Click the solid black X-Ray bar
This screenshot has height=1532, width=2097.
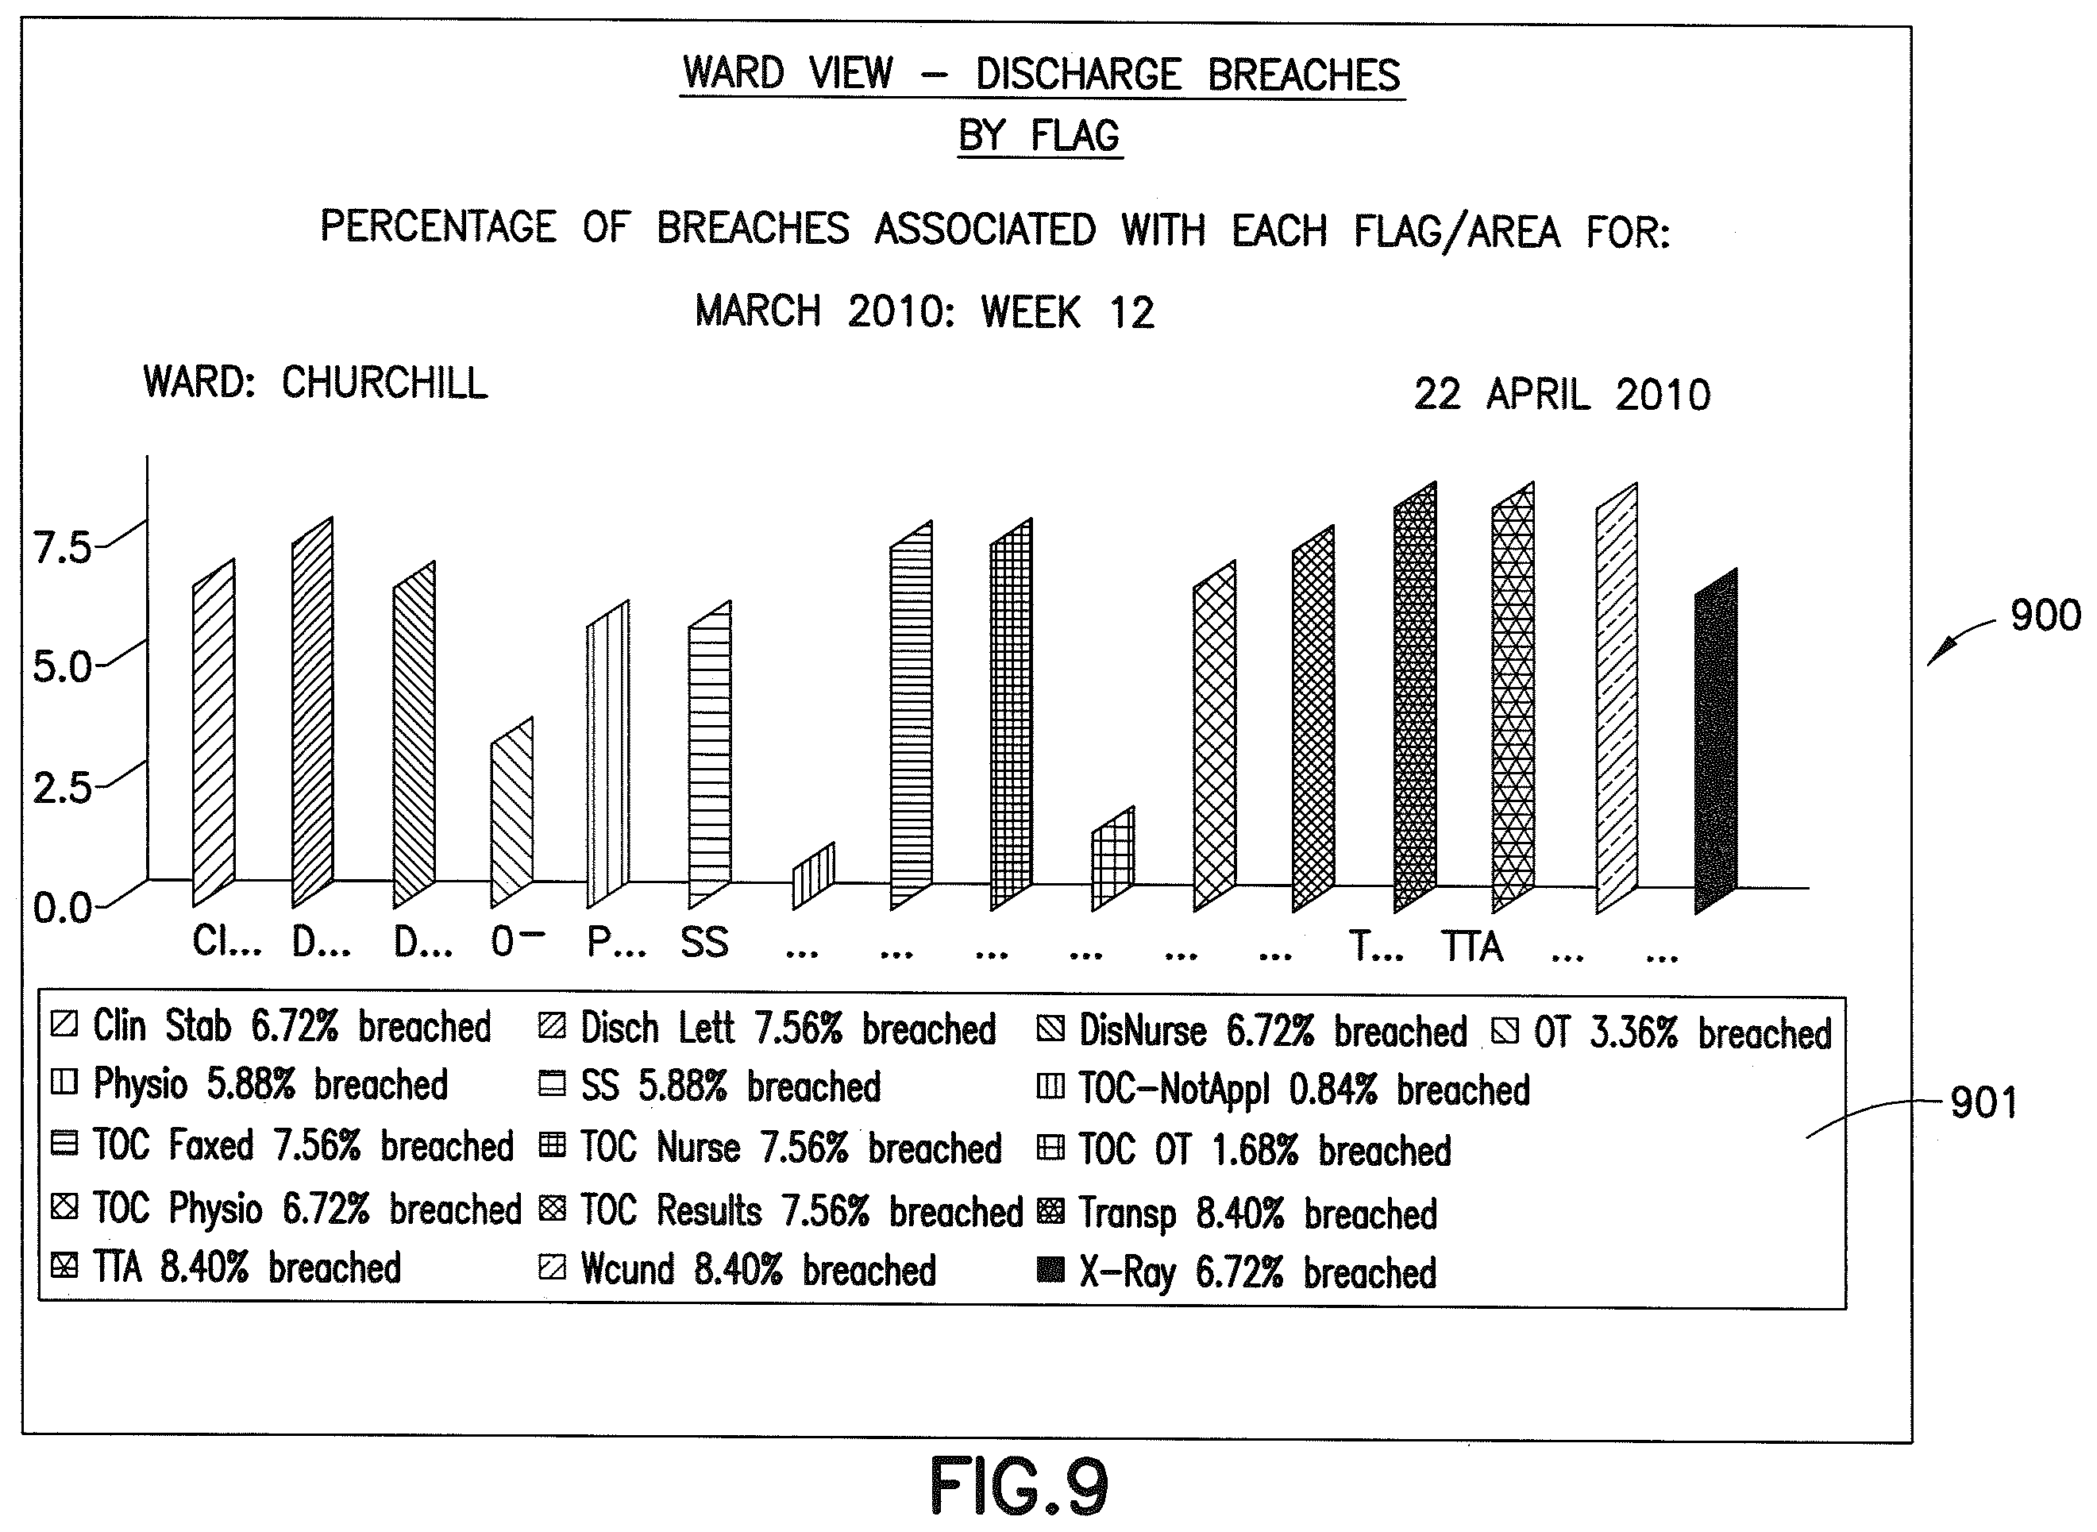pos(1716,742)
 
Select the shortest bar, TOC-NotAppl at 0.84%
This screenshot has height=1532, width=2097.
pos(813,876)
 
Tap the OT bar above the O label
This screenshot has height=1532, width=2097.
pos(511,812)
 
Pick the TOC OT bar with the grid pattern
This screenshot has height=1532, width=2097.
pos(1112,859)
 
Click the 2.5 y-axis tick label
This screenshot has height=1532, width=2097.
pos(62,787)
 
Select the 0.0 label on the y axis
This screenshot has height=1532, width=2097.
pos(62,907)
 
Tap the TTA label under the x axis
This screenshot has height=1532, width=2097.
pos(1472,947)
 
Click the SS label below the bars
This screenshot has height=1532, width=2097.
pos(704,944)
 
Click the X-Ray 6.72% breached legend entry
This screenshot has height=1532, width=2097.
pos(1237,1272)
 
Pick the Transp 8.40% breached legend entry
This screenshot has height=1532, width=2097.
pos(1237,1213)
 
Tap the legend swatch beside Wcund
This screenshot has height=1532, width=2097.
pos(552,1268)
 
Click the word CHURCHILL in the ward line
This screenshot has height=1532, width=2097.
pos(385,382)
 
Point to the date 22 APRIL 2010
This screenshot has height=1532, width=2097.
pos(1562,394)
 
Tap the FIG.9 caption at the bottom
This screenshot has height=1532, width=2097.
pos(1019,1486)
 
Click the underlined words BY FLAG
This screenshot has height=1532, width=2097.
pos(1039,135)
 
